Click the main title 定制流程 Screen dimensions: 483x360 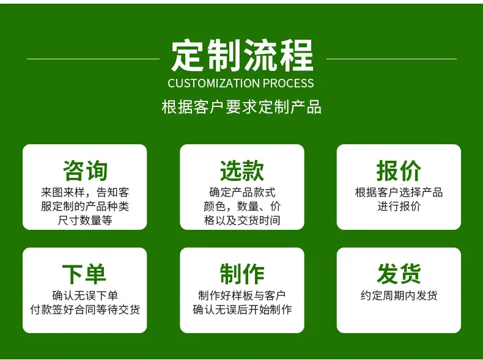(242, 56)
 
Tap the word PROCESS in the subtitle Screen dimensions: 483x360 (289, 83)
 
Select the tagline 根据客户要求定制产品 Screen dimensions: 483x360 (242, 107)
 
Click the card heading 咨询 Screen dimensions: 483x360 (85, 171)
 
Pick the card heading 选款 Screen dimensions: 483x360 (242, 171)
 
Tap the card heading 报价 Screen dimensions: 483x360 (399, 171)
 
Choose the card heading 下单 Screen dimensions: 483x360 (84, 274)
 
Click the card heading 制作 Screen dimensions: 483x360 (242, 274)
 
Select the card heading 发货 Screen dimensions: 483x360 (399, 274)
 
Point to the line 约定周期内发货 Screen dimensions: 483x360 (399, 296)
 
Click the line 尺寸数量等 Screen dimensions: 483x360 (85, 220)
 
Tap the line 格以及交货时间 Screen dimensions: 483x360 (242, 220)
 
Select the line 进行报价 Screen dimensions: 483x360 (399, 206)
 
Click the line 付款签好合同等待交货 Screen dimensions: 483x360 (85, 309)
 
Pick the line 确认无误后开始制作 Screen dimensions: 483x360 (242, 309)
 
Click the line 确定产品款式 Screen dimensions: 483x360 (242, 192)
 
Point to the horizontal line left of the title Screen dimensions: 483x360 (94, 59)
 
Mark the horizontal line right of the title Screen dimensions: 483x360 (391, 59)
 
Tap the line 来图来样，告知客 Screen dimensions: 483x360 (85, 192)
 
